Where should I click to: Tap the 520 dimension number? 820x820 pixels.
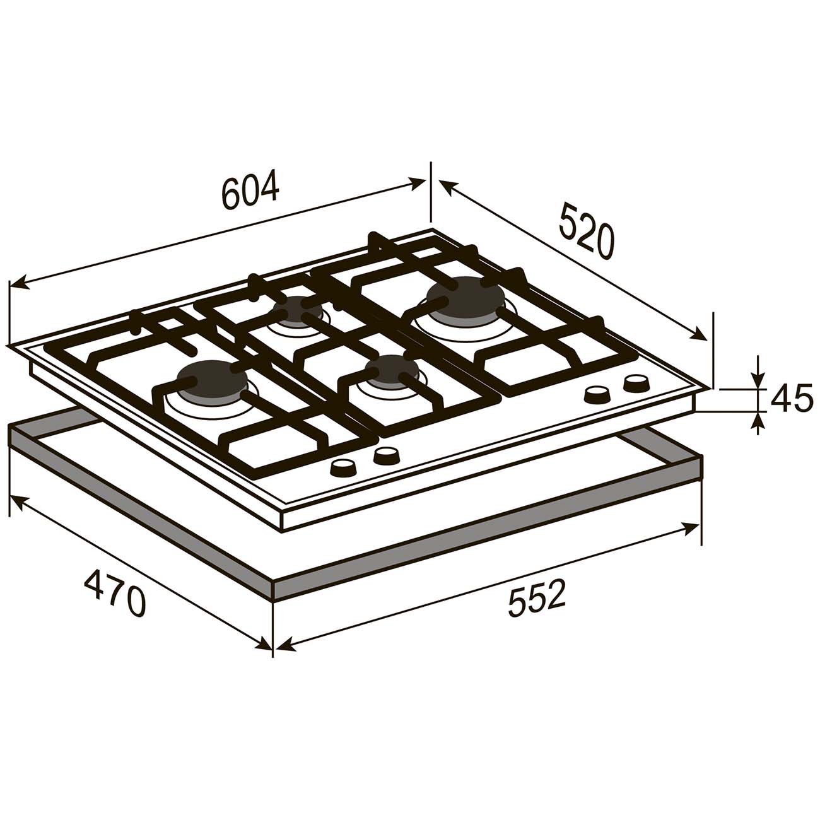coord(587,230)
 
